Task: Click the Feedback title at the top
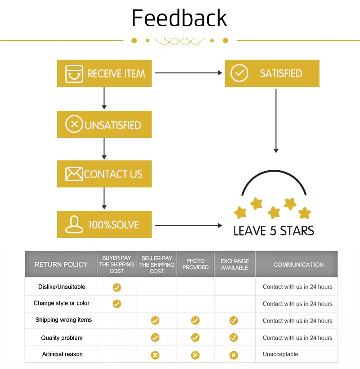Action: point(179,18)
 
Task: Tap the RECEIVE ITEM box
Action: point(104,73)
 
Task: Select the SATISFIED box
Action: point(272,73)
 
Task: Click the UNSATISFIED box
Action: point(104,124)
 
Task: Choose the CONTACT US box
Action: point(104,174)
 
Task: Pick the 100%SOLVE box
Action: point(104,224)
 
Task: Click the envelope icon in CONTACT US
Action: point(74,174)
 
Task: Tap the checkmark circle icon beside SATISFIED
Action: point(239,73)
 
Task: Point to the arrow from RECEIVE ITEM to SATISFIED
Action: point(189,73)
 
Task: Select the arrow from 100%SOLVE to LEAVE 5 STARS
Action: point(189,225)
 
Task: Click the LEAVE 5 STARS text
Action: point(274,231)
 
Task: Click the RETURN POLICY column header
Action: point(61,264)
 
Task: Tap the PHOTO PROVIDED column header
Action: point(195,264)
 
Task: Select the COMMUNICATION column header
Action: point(298,264)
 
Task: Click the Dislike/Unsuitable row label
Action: point(62,287)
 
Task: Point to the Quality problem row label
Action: point(62,338)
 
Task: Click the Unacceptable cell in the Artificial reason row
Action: point(280,354)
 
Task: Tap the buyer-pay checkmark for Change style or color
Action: point(117,304)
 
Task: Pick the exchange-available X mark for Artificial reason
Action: point(234,355)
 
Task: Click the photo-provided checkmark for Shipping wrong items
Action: point(195,320)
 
